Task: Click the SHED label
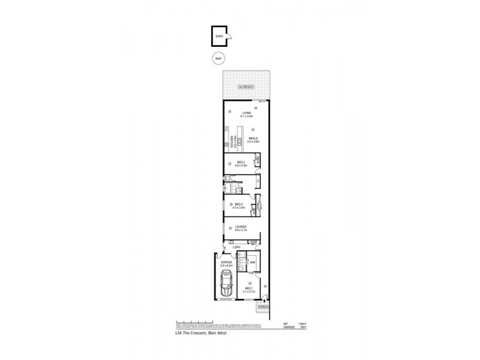[x=219, y=37]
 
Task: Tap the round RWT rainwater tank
[x=219, y=59]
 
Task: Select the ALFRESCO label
[x=246, y=88]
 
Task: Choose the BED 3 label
[x=239, y=163]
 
